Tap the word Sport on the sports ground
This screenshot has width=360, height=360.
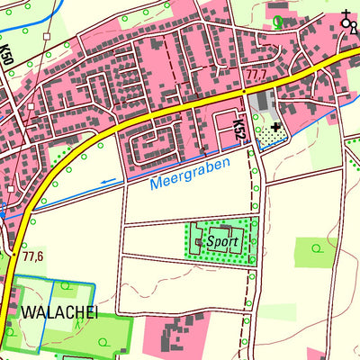pyautogui.click(x=221, y=242)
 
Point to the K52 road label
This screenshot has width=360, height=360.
pyautogui.click(x=238, y=127)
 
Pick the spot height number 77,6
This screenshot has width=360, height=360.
pyautogui.click(x=33, y=256)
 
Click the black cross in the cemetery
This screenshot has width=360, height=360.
pyautogui.click(x=274, y=128)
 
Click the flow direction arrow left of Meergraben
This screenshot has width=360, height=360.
pyautogui.click(x=108, y=182)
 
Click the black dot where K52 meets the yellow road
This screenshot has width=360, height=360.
pyautogui.click(x=243, y=92)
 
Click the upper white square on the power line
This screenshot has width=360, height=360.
pyautogui.click(x=30, y=105)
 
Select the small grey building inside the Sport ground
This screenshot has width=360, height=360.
pyautogui.click(x=198, y=240)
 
